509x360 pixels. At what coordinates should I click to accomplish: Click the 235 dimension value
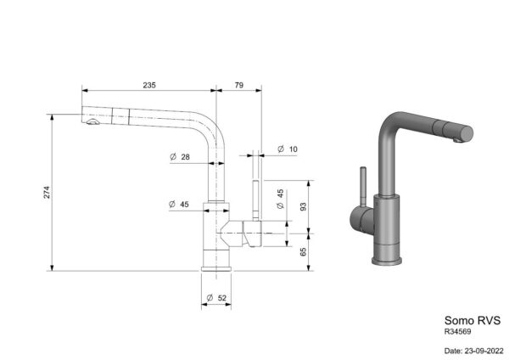(x=149, y=85)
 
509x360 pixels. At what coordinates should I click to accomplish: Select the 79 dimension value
(x=239, y=85)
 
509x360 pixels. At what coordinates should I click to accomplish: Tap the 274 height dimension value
(x=47, y=193)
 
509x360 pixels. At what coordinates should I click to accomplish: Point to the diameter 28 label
(x=180, y=157)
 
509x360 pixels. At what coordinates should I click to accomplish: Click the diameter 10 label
(x=288, y=149)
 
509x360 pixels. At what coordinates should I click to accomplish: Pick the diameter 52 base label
(x=216, y=298)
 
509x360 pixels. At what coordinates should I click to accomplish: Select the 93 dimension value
(x=303, y=206)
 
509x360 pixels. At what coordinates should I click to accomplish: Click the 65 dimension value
(x=303, y=252)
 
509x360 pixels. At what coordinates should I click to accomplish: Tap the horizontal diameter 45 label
(x=179, y=205)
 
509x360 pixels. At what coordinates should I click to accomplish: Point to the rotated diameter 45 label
(x=281, y=199)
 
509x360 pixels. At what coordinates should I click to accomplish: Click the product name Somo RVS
(x=473, y=320)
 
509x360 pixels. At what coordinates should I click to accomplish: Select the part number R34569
(x=458, y=332)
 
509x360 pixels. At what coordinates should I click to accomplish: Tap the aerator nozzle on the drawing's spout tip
(x=92, y=122)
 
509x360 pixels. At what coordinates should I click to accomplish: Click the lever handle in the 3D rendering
(x=364, y=187)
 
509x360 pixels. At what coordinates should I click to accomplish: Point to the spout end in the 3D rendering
(x=465, y=133)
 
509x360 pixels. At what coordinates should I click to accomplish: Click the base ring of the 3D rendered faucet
(x=387, y=261)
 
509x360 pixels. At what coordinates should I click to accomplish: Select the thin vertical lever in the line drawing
(x=256, y=200)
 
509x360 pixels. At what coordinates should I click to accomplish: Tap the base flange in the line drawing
(x=216, y=268)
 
